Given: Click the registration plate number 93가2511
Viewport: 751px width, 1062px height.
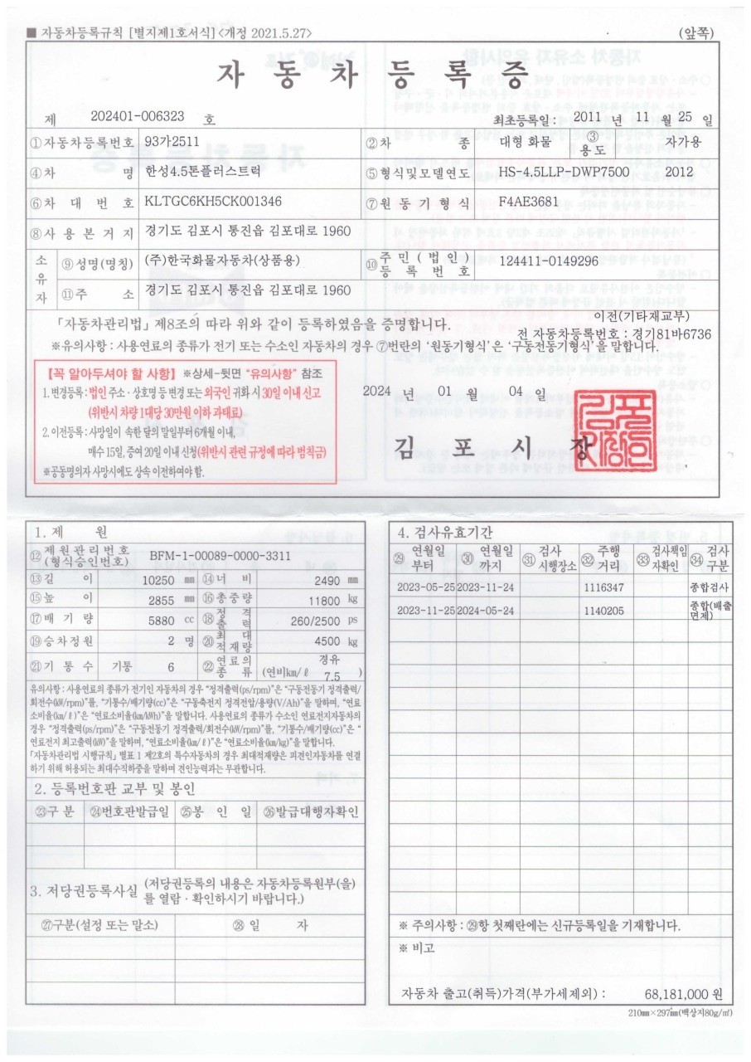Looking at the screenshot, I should [x=172, y=142].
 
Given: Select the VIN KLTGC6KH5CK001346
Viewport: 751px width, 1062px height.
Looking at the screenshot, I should [x=213, y=202].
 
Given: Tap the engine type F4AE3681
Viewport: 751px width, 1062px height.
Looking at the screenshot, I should [x=529, y=202].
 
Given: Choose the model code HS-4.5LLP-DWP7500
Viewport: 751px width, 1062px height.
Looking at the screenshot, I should [x=564, y=172].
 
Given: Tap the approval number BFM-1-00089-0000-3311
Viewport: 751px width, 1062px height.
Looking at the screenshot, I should [x=220, y=556].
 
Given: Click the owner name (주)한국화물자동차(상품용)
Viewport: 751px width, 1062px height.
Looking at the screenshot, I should [x=221, y=261].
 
